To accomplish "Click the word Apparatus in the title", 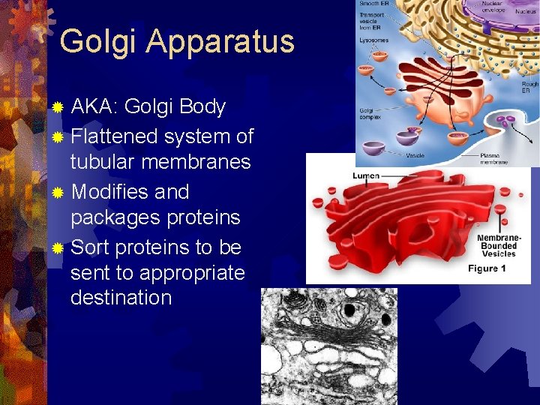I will (x=220, y=42).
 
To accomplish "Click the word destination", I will (x=121, y=298).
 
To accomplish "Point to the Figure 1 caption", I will (x=487, y=268).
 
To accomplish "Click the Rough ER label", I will (x=529, y=88).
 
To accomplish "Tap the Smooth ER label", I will (x=373, y=4).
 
